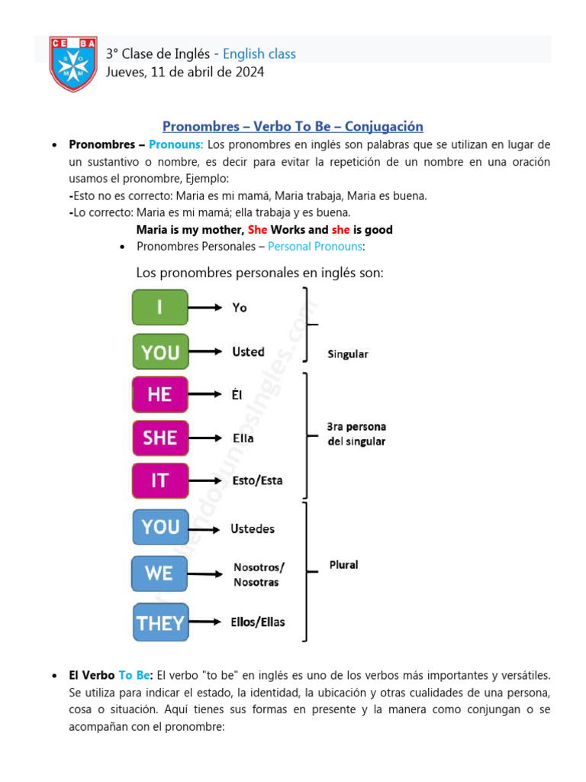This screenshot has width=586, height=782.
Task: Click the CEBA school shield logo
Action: coord(73,63)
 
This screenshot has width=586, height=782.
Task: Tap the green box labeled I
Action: coord(159,307)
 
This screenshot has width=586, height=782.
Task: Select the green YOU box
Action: coord(160,352)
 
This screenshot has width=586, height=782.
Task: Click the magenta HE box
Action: coord(159,394)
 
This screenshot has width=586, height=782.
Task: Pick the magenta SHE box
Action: coord(159,438)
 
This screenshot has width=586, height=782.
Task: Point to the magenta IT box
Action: coord(159,480)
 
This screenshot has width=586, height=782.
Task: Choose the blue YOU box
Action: coord(160,527)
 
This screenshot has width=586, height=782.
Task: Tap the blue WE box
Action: coord(159,574)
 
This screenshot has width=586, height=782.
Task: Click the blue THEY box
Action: coord(160,622)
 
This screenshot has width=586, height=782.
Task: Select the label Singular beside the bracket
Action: coord(348,354)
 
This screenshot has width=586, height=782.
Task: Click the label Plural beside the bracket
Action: coord(343,565)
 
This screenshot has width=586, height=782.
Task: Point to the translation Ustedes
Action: coord(253,528)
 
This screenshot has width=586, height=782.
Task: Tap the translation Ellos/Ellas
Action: coord(258,622)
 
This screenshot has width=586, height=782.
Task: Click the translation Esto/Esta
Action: coord(257,480)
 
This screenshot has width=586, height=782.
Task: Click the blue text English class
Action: coord(259,53)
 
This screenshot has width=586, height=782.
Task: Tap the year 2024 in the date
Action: coord(250,72)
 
